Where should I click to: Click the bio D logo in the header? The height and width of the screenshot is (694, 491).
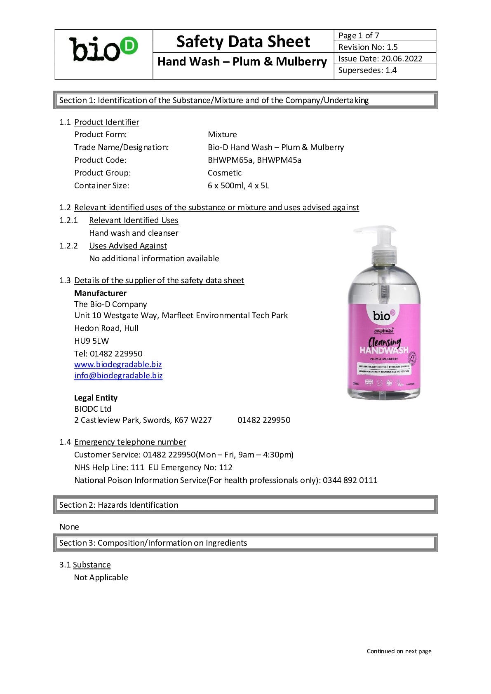point(103,50)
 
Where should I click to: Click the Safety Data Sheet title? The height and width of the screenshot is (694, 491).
point(243,42)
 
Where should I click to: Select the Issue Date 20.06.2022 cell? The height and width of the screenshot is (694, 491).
point(384,59)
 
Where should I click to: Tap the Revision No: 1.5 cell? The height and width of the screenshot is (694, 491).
point(384,47)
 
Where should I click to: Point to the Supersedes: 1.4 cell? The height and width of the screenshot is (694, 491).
point(384,70)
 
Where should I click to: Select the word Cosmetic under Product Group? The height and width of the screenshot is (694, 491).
point(225,173)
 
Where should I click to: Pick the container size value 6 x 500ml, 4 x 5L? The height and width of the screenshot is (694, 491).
point(238,185)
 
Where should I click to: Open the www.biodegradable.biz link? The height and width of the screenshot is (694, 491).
point(118,364)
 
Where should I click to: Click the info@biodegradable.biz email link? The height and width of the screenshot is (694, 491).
point(118,375)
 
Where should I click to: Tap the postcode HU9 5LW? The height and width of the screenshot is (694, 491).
point(92,341)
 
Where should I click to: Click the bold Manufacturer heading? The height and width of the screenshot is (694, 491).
point(100,293)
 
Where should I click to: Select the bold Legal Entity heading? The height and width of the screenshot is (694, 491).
point(96,398)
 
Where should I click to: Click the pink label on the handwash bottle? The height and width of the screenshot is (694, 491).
point(384,346)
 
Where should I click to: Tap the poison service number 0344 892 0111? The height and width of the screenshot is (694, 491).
point(350,480)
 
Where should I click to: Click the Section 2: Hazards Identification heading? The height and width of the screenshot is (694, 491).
point(119,505)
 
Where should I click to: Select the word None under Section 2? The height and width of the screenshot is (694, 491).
point(69,527)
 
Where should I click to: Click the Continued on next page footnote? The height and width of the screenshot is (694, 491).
point(399,651)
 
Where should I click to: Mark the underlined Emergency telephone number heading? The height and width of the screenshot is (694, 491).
point(130,442)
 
